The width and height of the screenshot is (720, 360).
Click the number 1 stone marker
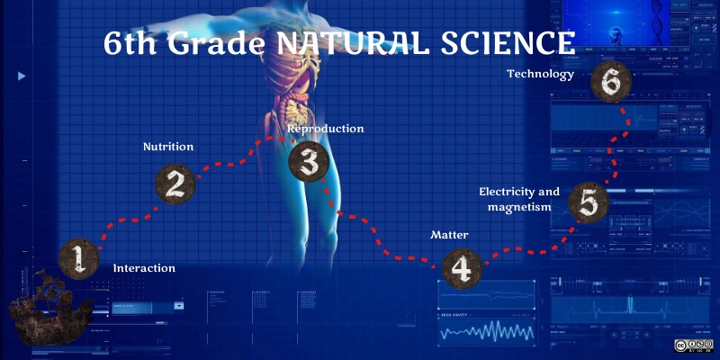pos(78,258)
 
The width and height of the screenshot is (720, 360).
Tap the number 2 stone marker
pos(175,183)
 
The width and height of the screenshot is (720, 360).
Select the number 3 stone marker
pos(308,162)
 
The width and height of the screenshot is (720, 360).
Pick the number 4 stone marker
pos(460,267)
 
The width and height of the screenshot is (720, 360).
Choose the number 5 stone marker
pos(587,203)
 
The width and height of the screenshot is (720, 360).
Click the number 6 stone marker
pos(611,83)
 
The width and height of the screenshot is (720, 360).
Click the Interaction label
pos(144,268)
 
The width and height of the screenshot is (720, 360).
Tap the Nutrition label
pos(168,146)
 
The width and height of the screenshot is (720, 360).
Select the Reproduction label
pos(326,129)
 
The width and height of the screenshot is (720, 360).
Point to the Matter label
pos(449,235)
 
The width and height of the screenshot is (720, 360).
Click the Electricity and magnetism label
pos(519,200)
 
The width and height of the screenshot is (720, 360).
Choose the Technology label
pos(540,75)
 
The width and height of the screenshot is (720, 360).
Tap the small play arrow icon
pos(22,76)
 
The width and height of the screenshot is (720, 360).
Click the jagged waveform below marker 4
pos(487,332)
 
